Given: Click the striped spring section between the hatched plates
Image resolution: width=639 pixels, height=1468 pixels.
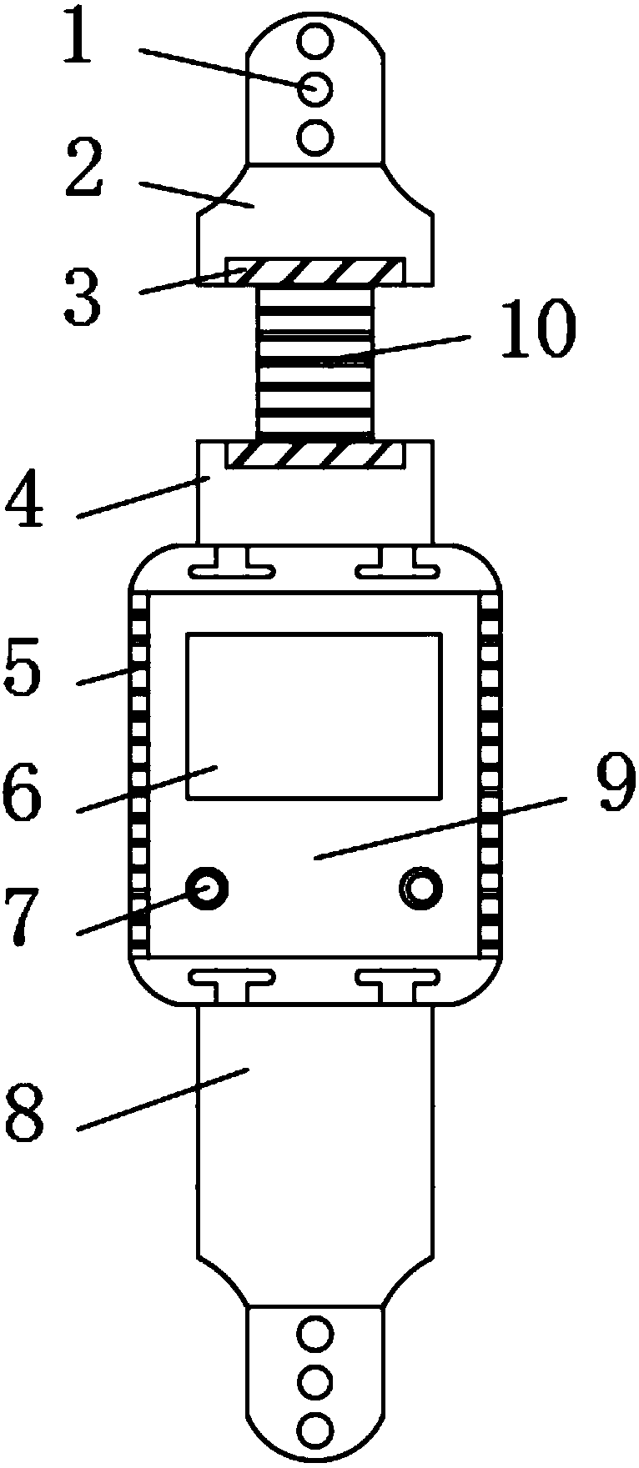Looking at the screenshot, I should point(314,361).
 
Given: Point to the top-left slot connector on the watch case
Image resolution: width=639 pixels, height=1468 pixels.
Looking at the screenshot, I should point(232,567).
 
